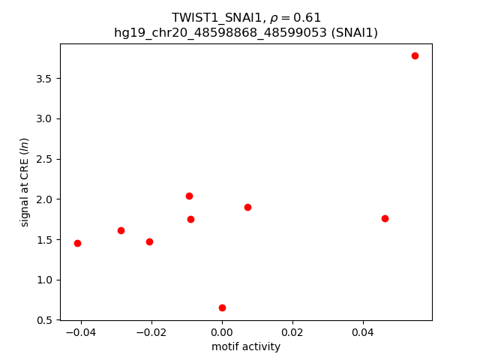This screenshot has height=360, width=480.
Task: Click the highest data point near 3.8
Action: pyautogui.click(x=415, y=55)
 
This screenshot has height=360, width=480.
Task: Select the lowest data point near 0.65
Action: pyautogui.click(x=222, y=307)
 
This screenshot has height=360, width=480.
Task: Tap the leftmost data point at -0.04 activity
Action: pyautogui.click(x=77, y=243)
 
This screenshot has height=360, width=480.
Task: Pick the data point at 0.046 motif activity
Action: pyautogui.click(x=385, y=218)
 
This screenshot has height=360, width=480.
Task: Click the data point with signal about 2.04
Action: pyautogui.click(x=189, y=196)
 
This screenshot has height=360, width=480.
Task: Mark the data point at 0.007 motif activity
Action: pyautogui.click(x=247, y=207)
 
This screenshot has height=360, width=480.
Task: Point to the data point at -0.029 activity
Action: pyautogui.click(x=121, y=230)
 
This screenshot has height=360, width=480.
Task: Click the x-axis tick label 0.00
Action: pyautogui.click(x=222, y=331)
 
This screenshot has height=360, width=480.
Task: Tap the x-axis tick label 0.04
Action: pyautogui.click(x=363, y=331)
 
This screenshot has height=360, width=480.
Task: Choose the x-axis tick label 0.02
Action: pyautogui.click(x=292, y=331)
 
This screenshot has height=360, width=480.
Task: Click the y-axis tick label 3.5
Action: pyautogui.click(x=44, y=79)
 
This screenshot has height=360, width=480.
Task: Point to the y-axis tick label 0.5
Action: pyautogui.click(x=44, y=320)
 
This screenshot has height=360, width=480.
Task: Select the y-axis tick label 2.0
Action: pyautogui.click(x=44, y=199)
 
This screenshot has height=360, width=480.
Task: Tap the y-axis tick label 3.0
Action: pyautogui.click(x=44, y=119)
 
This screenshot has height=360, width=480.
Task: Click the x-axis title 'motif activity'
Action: pyautogui.click(x=246, y=346)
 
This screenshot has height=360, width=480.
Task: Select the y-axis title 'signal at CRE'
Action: pyautogui.click(x=25, y=182)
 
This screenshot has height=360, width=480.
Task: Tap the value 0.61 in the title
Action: pyautogui.click(x=308, y=18)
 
